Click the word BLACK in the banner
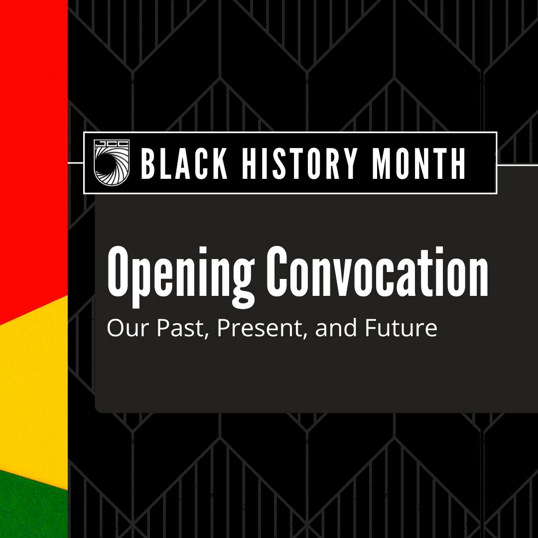(184, 163)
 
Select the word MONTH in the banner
(419, 163)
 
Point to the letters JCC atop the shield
(112, 145)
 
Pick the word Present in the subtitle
(260, 329)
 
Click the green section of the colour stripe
(30, 508)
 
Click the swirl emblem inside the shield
(112, 166)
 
